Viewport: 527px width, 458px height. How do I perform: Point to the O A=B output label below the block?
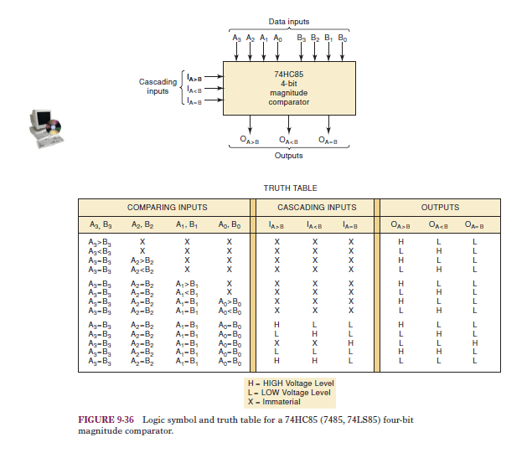coord(328,140)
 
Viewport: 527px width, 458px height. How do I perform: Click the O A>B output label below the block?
coord(249,140)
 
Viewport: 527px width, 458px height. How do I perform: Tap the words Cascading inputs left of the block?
coord(158,86)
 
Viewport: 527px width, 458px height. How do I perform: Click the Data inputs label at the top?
coord(287,20)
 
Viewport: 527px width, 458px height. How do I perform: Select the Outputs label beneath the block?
coord(288,155)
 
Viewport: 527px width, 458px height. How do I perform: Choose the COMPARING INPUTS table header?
coord(167,208)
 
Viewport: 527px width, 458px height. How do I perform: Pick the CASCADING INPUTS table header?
coord(316,208)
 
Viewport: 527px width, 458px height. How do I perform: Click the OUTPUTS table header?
coord(440,208)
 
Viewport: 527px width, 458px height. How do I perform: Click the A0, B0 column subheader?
coord(229,224)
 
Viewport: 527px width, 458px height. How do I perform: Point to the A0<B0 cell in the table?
coord(229,310)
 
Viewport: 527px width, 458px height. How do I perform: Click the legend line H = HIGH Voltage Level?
coord(290,383)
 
